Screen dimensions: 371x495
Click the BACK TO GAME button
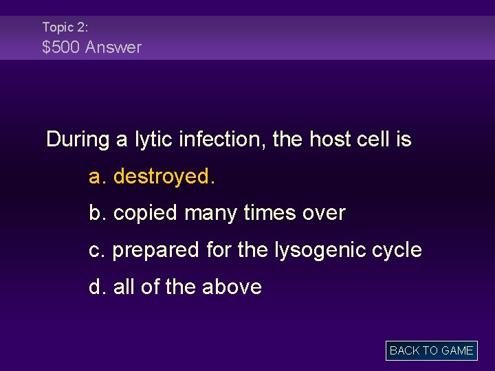(431, 350)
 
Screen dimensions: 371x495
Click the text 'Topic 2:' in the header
(65, 27)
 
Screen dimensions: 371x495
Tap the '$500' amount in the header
(61, 47)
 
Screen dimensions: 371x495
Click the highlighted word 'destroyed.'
(164, 177)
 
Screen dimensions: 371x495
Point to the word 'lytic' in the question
(155, 139)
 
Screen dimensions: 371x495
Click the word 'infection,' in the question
(224, 139)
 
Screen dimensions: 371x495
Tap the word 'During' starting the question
(78, 139)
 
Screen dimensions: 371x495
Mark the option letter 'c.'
(98, 250)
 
